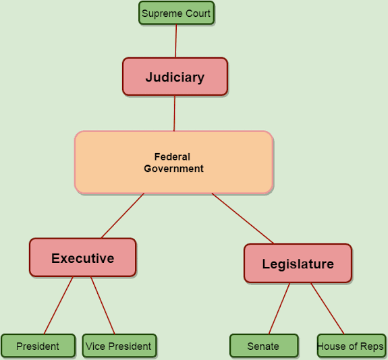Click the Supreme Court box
click(176, 13)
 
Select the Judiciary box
click(175, 77)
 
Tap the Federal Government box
click(174, 162)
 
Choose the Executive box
click(82, 258)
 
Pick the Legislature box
click(298, 264)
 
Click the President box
click(38, 346)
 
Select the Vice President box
click(119, 346)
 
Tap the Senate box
click(264, 346)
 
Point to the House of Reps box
click(352, 346)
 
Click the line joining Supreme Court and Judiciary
click(176, 41)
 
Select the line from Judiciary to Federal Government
click(175, 113)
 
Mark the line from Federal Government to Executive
click(123, 216)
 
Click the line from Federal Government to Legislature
click(243, 218)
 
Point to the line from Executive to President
click(59, 305)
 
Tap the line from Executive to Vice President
click(103, 305)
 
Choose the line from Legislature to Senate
click(279, 309)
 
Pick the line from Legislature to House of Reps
click(327, 309)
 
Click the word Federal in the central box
click(172, 157)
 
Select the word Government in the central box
click(173, 169)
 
